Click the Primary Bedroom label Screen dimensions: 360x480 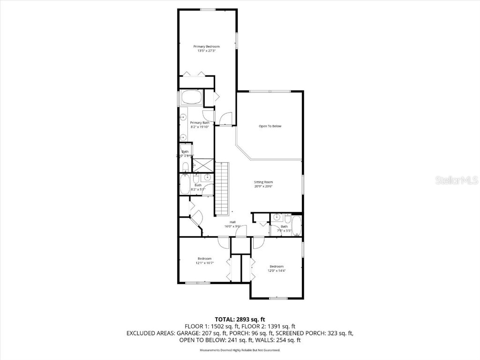[207, 46]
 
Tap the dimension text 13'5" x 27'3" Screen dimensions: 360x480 [207, 51]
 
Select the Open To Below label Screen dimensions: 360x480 [270, 126]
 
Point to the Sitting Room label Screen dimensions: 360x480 [263, 182]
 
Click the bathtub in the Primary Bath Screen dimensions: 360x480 [191, 97]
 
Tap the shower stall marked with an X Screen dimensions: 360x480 [202, 165]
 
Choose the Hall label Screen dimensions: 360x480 [232, 222]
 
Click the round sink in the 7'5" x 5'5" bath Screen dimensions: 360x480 [277, 217]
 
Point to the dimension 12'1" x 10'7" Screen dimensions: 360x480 [204, 263]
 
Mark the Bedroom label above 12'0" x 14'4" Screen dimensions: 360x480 [277, 266]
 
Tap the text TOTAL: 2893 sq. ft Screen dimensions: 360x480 [240, 319]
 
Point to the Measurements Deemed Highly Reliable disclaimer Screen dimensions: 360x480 [240, 350]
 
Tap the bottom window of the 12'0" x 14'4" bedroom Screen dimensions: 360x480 [278, 298]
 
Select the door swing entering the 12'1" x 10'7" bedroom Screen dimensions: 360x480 [223, 242]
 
